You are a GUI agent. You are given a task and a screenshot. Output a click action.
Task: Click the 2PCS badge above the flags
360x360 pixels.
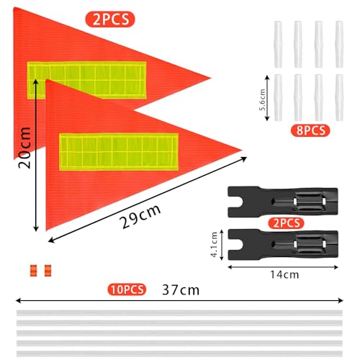pyautogui.click(x=110, y=19)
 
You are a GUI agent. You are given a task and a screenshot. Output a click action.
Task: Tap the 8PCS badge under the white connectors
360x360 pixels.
pyautogui.click(x=310, y=131)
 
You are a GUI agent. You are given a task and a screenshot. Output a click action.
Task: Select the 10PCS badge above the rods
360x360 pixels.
pyautogui.click(x=127, y=289)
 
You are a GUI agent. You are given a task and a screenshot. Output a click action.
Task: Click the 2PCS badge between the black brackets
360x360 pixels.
pyautogui.click(x=286, y=223)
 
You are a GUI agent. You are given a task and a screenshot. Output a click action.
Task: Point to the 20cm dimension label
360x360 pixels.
pyautogui.click(x=24, y=148)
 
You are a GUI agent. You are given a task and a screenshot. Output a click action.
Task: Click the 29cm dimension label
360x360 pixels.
pyautogui.click(x=140, y=217)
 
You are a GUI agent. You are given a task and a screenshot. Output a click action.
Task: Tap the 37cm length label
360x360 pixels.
pyautogui.click(x=181, y=290)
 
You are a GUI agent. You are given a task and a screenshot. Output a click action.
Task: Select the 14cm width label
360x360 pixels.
pyautogui.click(x=284, y=275)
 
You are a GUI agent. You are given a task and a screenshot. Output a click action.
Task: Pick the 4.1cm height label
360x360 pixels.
pyautogui.click(x=215, y=244)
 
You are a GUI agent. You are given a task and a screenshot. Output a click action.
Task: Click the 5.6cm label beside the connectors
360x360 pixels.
pyautogui.click(x=262, y=99)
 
